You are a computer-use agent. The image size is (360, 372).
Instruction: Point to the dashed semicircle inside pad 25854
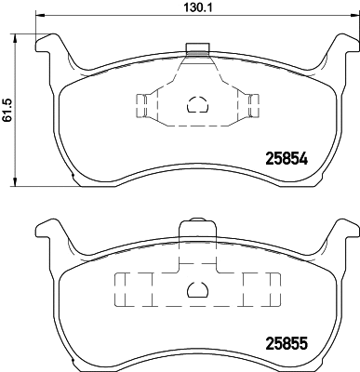pos(195,105)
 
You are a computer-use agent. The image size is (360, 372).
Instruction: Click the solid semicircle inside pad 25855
pos(195,291)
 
